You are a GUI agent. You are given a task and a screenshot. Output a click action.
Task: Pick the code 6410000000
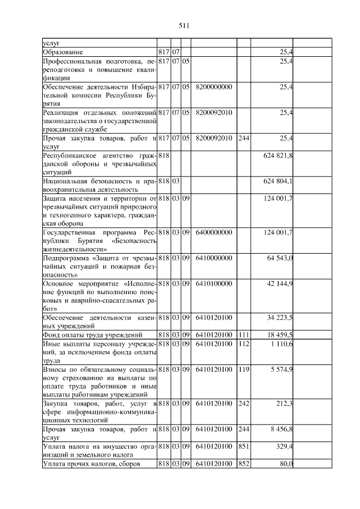[x=214, y=258]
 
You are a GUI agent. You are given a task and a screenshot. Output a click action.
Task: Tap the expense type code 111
[x=244, y=335]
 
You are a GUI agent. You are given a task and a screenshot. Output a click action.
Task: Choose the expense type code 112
[x=244, y=344]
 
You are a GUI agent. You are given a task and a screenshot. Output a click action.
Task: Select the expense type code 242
[x=244, y=404]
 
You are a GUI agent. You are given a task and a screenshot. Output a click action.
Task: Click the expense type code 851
[x=244, y=447]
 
